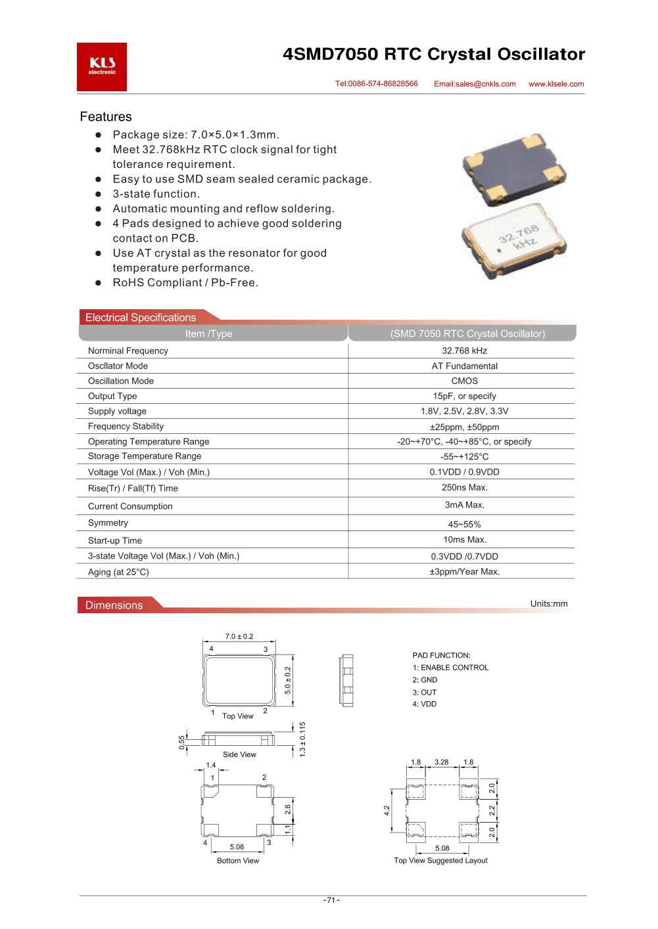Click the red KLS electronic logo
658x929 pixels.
coord(102,67)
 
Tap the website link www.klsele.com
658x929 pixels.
coord(556,84)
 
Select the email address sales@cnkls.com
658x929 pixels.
coord(475,84)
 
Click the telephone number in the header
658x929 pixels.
coord(377,84)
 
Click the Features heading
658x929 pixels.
coord(106,117)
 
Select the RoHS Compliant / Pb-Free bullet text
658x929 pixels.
coord(185,283)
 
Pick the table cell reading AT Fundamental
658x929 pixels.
coord(464,366)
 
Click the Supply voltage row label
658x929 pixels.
coord(117,412)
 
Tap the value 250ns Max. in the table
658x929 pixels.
coord(464,488)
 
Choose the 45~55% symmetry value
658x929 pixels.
coord(464,525)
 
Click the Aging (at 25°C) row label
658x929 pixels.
coord(118,573)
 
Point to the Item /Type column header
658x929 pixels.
coord(208,334)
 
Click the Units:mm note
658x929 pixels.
coord(549,604)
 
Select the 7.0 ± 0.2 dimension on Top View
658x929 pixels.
coord(239,637)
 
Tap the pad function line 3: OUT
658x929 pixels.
coord(425,693)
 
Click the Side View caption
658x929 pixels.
coord(239,755)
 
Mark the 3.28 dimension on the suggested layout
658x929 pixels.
coord(441,763)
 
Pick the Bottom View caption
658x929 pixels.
coord(238,861)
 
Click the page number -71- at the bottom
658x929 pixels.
coord(331,900)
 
